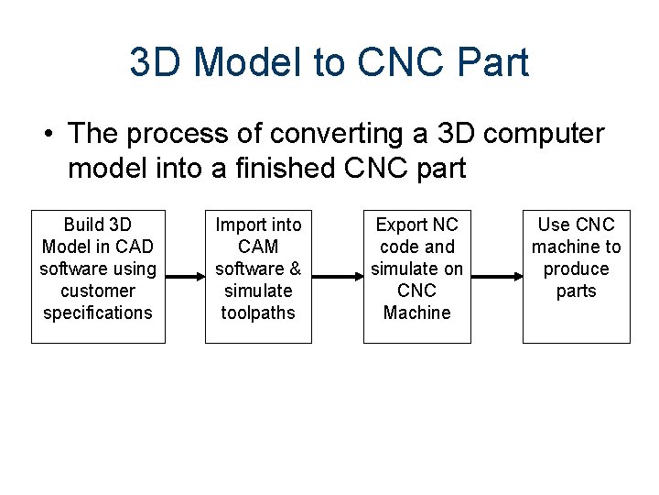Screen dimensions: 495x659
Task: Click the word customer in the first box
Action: (98, 291)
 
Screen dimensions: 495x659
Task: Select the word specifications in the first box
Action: (98, 313)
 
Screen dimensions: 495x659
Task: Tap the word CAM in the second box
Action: (258, 247)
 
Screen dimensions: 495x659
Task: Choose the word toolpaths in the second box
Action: (258, 313)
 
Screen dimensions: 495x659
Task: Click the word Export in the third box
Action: (403, 225)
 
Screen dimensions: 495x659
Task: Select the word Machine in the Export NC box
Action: (416, 313)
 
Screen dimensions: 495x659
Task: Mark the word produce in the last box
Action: (576, 269)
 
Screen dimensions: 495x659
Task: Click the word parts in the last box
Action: (576, 291)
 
